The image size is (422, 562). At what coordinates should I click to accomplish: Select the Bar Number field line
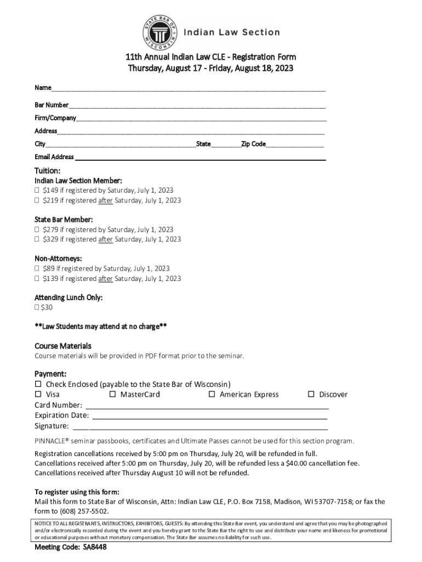[x=197, y=105]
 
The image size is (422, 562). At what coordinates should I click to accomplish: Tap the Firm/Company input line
[x=201, y=119]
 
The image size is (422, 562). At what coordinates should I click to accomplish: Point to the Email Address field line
[x=200, y=158]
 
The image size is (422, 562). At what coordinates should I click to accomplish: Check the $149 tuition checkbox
[x=37, y=190]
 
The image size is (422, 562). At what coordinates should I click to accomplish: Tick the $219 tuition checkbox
[x=37, y=200]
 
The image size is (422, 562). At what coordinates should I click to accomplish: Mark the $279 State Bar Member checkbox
[x=37, y=229]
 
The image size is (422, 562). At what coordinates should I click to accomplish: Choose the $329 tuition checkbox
[x=37, y=239]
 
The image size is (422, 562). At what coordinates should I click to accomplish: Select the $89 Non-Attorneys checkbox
[x=37, y=268]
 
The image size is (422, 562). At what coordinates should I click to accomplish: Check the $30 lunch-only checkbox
[x=37, y=307]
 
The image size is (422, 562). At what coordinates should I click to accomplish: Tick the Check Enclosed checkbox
[x=38, y=384]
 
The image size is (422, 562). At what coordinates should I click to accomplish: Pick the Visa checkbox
[x=38, y=394]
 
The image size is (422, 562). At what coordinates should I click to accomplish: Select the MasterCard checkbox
[x=113, y=394]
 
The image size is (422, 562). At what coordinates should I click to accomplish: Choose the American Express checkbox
[x=212, y=394]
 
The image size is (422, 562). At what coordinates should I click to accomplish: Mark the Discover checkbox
[x=311, y=394]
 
